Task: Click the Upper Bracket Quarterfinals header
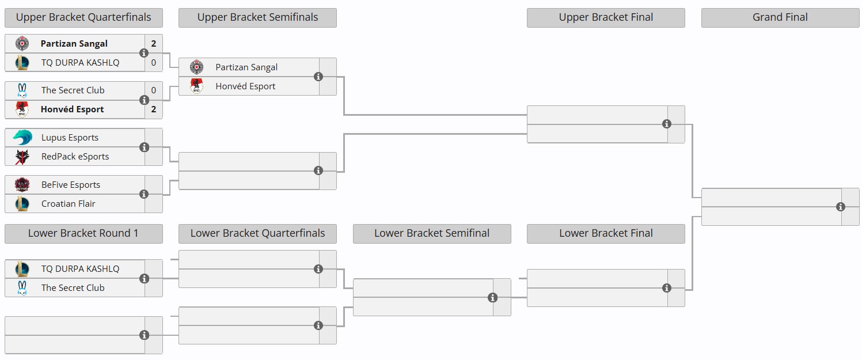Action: pos(83,17)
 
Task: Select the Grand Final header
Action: pos(780,17)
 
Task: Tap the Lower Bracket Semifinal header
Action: pos(431,233)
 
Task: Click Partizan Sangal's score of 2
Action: pos(154,44)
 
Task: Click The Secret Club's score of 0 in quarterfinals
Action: pos(154,90)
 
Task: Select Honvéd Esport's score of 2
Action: pos(154,109)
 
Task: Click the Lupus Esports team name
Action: pos(70,138)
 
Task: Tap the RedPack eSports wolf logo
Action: pos(22,157)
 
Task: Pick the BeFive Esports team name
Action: pos(71,185)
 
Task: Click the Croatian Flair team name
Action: pos(69,204)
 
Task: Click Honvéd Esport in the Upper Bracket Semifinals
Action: pos(245,86)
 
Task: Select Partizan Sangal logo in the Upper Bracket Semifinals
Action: pos(196,67)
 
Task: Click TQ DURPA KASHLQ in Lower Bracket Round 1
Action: pos(80,269)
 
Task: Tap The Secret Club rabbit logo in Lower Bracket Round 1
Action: pos(22,288)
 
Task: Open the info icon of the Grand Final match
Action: pos(841,207)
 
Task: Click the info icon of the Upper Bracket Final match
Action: pos(667,124)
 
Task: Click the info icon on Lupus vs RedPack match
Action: pos(145,147)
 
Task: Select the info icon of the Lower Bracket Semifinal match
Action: pos(492,298)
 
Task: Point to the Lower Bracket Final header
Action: pos(606,233)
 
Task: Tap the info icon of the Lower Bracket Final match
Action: pos(667,288)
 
